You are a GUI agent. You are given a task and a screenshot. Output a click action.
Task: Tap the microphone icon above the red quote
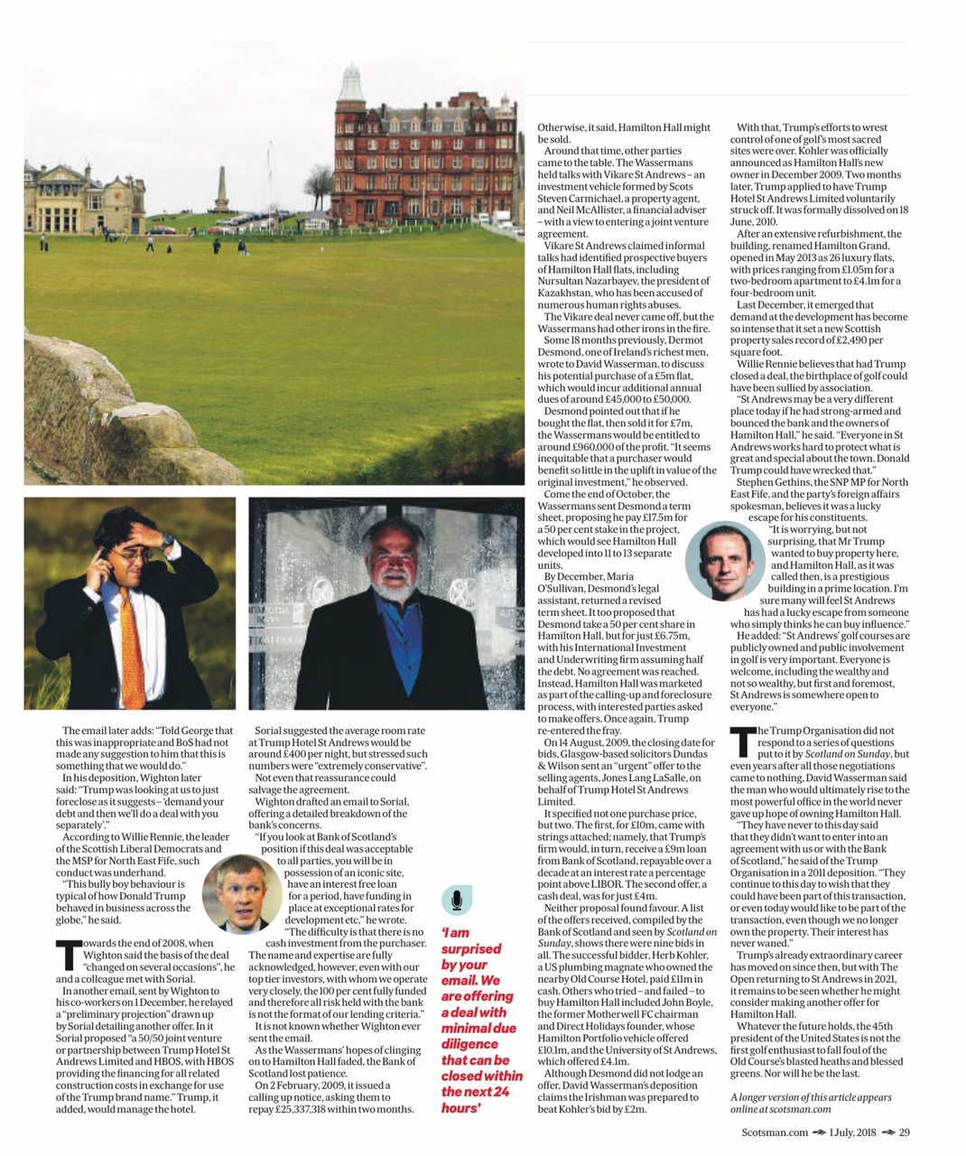[457, 900]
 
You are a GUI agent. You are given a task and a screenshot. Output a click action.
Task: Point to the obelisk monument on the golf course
[221, 191]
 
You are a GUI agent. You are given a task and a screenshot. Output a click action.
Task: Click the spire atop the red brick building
[350, 80]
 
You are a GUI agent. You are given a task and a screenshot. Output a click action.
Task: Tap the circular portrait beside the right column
[725, 561]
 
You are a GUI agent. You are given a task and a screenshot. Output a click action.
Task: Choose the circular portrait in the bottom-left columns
[241, 893]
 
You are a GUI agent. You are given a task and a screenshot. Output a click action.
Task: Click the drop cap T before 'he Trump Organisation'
[742, 741]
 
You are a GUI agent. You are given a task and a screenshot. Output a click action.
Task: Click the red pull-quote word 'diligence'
[469, 1044]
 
